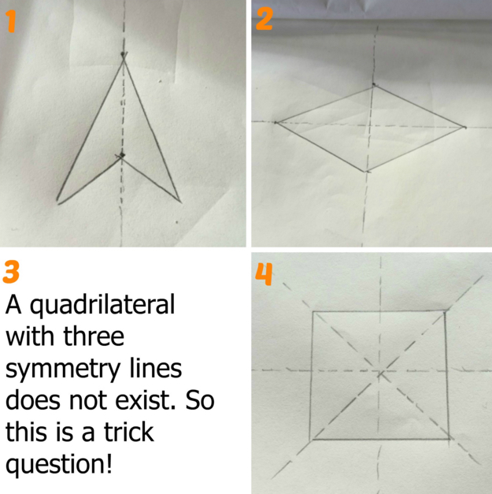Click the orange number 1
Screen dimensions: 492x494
pos(11,21)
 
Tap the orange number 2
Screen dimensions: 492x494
pos(264,19)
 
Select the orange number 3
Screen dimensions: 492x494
pos(11,272)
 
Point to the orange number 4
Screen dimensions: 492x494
pos(264,274)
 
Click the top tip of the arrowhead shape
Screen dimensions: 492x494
pos(124,59)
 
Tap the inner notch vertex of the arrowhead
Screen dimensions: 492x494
pos(121,158)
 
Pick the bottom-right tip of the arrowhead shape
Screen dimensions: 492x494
pos(180,202)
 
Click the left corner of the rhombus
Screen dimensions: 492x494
pos(276,123)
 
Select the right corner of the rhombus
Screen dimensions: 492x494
pos(465,128)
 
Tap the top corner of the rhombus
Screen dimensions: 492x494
pos(374,86)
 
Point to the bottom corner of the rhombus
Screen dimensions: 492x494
pos(366,172)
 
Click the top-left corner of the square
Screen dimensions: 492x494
pos(313,312)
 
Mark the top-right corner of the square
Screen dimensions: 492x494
pos(445,311)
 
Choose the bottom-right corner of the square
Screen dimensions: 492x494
pos(449,439)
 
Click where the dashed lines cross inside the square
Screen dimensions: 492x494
pos(380,373)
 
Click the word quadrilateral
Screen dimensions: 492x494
pos(102,305)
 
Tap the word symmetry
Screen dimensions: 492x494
pos(63,370)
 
